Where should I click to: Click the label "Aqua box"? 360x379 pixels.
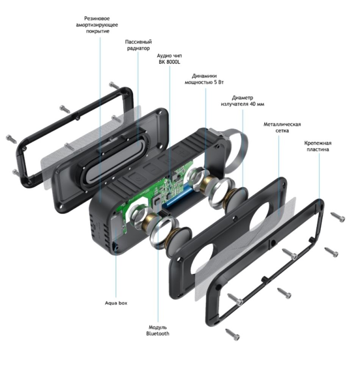pyautogui.click(x=116, y=303)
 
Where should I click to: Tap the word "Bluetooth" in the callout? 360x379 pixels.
pyautogui.click(x=158, y=334)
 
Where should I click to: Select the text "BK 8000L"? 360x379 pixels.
pyautogui.click(x=169, y=62)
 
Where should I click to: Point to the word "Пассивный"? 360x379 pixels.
pyautogui.click(x=138, y=42)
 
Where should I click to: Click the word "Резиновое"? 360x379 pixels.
pyautogui.click(x=97, y=18)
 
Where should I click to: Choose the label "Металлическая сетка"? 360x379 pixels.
pyautogui.click(x=282, y=127)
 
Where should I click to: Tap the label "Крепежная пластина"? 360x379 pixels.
pyautogui.click(x=318, y=146)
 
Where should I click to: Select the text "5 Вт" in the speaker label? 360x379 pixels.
pyautogui.click(x=219, y=82)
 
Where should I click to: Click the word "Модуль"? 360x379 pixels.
pyautogui.click(x=158, y=327)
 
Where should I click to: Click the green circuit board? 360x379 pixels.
pyautogui.click(x=157, y=193)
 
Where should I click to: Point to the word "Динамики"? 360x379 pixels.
pyautogui.click(x=204, y=76)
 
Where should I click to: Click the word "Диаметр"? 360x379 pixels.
pyautogui.click(x=242, y=98)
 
